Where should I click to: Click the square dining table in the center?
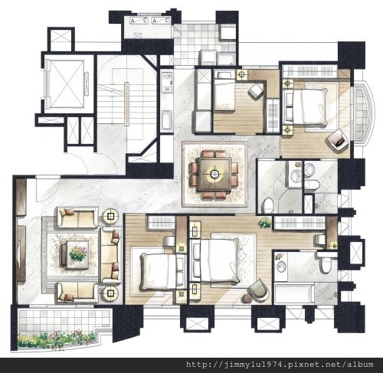(214, 174)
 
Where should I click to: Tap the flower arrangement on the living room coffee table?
(77, 254)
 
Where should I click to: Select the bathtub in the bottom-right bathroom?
(294, 293)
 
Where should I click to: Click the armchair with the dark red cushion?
(337, 141)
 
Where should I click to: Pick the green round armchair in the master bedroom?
(258, 290)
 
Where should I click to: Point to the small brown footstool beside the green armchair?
(247, 298)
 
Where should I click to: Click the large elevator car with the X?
(66, 84)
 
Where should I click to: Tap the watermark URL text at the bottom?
(280, 365)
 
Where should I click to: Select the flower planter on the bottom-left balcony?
(57, 339)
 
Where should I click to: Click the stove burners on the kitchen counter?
(167, 76)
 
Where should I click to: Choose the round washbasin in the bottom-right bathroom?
(280, 266)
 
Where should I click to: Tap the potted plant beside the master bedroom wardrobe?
(265, 223)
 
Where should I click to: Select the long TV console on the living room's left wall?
(21, 254)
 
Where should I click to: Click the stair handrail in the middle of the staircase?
(126, 103)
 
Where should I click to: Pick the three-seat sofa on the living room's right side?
(110, 256)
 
